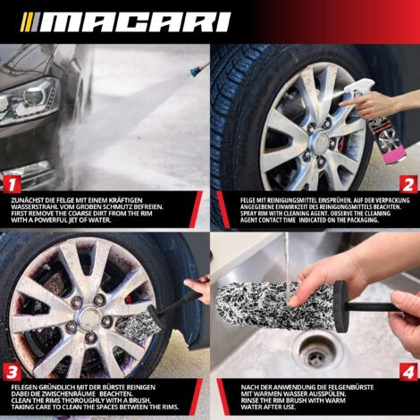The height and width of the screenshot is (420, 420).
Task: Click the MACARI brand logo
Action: click(x=126, y=22)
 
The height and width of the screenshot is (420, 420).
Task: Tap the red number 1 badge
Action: click(x=12, y=184)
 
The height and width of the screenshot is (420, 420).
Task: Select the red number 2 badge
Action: click(x=408, y=184)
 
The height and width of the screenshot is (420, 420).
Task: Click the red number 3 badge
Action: click(x=12, y=372)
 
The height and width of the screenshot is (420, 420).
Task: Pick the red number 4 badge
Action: click(x=408, y=372)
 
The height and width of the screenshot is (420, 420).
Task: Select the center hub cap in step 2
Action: click(x=319, y=141)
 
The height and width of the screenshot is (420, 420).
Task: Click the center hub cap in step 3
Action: click(x=88, y=316)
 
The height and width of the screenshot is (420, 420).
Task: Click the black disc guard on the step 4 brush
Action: click(x=341, y=307)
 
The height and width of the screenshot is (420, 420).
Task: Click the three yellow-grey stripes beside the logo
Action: click(x=30, y=22)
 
